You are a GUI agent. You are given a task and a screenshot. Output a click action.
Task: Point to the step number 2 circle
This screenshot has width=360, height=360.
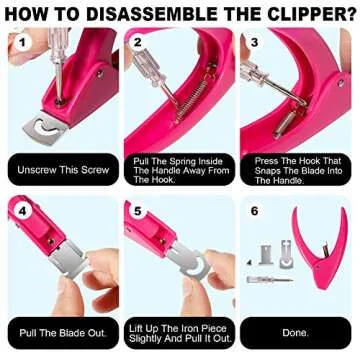137,43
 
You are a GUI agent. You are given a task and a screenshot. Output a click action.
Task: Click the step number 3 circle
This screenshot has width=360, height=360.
255,43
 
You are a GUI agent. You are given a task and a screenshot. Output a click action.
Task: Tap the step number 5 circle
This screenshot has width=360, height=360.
137,211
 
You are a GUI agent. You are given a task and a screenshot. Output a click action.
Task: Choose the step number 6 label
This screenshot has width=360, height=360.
255,211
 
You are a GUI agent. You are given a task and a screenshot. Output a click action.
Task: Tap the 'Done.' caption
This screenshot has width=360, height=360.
295,332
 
